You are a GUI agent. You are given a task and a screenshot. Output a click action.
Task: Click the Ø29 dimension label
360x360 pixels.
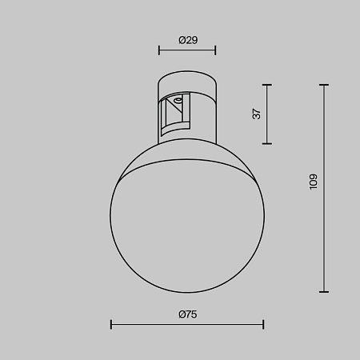(x=187, y=39)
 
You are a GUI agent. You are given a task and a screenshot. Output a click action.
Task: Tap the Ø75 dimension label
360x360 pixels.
(x=187, y=314)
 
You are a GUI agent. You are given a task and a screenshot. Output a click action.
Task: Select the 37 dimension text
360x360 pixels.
(x=257, y=114)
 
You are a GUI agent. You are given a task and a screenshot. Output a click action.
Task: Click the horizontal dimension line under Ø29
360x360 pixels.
(x=187, y=50)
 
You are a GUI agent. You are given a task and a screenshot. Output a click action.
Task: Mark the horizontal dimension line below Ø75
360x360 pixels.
(x=187, y=325)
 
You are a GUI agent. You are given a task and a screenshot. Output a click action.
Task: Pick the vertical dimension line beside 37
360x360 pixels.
(x=266, y=114)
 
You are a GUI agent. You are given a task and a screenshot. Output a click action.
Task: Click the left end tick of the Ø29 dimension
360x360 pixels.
(x=159, y=50)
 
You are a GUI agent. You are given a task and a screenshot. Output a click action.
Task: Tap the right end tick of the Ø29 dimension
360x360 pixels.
(x=215, y=50)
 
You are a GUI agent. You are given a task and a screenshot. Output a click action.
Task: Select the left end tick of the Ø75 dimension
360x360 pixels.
(x=111, y=325)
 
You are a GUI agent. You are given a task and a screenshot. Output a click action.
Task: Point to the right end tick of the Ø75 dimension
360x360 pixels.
(x=263, y=325)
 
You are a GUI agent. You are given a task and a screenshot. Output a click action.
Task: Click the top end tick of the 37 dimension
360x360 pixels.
(x=266, y=84)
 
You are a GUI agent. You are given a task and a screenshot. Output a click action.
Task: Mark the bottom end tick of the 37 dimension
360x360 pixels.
(x=266, y=143)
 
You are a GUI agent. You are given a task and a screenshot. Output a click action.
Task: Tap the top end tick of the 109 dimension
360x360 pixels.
(x=324, y=84)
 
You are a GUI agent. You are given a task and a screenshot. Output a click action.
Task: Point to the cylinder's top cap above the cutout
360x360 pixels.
(x=187, y=83)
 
